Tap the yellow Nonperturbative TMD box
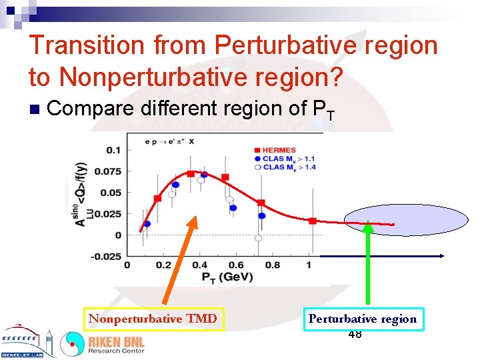[x=153, y=319]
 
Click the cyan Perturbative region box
[x=363, y=319]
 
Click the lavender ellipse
[x=406, y=219]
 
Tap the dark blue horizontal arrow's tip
[x=442, y=256]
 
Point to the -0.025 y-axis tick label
[x=107, y=256]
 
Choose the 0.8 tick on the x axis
[x=272, y=265]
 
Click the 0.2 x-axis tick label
[x=163, y=265]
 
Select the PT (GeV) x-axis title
[x=218, y=276]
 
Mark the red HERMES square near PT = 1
[x=313, y=221]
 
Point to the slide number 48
[x=355, y=334]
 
